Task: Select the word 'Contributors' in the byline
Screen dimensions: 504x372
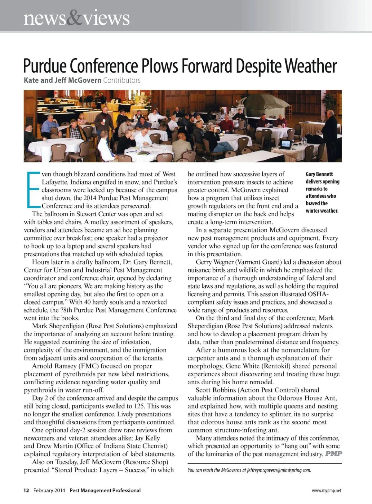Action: (x=122, y=80)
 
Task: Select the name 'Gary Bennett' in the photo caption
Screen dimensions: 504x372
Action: (x=319, y=174)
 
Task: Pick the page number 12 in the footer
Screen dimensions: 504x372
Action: (x=26, y=490)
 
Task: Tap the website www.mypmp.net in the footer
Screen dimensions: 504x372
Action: (x=326, y=490)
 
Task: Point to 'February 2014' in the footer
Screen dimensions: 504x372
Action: (x=49, y=490)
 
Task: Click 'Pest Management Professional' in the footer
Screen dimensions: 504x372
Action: (x=105, y=490)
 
